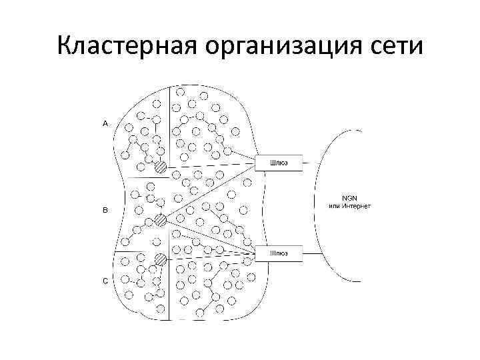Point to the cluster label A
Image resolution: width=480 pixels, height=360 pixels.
point(105,123)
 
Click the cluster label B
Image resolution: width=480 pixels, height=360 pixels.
point(105,211)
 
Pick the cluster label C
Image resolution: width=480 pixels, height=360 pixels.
point(105,281)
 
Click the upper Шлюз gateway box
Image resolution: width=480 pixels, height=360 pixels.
point(279,162)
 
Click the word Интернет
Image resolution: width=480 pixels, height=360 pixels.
point(356,206)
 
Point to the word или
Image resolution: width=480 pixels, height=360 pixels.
point(333,206)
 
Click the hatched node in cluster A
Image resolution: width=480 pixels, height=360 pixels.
point(160,167)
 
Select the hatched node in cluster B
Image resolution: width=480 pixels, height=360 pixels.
point(160,220)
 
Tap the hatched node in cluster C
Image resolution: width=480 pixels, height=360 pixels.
point(160,259)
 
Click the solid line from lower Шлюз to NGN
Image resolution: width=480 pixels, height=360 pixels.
point(312,253)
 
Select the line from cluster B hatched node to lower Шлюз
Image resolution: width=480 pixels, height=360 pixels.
point(210,236)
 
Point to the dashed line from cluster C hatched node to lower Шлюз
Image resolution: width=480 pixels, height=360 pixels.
point(210,257)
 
